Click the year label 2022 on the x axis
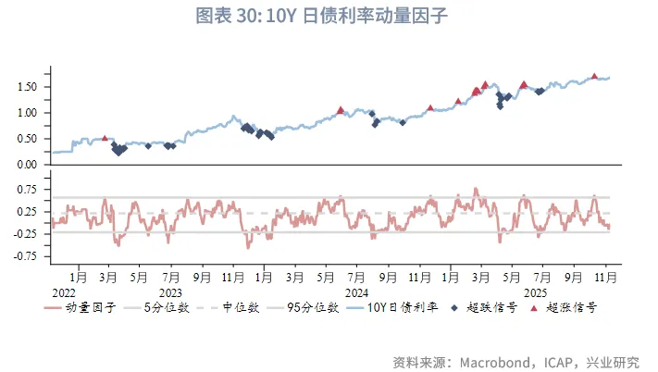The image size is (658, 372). [x=64, y=291]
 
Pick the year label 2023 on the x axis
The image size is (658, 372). [x=169, y=291]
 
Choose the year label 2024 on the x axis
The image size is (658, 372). [x=356, y=291]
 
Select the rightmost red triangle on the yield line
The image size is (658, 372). [x=594, y=76]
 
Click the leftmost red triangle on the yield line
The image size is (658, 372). [x=105, y=138]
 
